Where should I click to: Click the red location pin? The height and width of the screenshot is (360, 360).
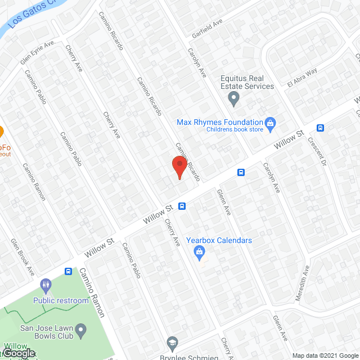179,167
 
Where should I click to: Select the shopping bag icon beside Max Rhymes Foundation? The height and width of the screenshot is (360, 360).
270,123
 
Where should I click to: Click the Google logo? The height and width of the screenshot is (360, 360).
18,353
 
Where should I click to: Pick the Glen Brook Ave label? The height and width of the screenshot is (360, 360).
23,256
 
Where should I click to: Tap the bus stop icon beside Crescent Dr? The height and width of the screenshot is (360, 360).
321,128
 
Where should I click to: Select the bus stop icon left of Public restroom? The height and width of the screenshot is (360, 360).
68,271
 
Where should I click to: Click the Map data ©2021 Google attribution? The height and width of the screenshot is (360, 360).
325,355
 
